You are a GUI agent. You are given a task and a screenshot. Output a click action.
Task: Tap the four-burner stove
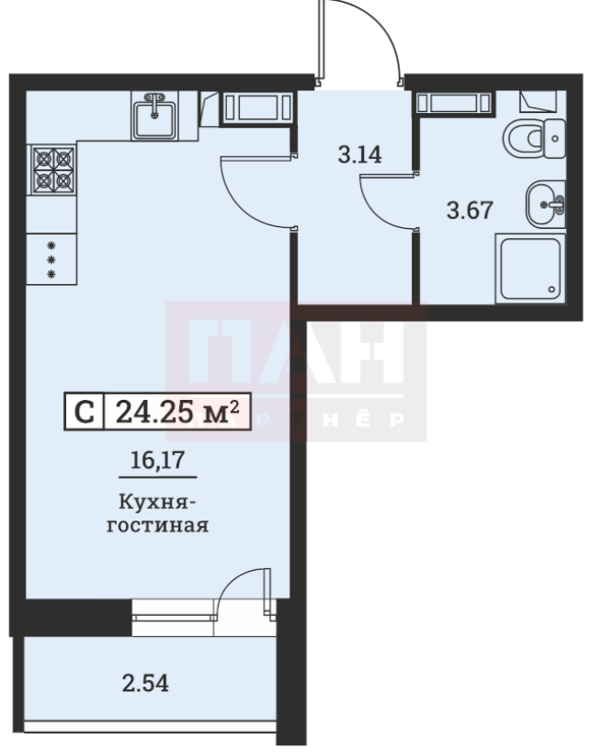point(52,170)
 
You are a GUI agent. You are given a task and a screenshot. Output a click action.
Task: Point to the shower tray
point(528,268)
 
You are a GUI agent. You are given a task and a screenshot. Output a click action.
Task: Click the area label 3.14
point(359,154)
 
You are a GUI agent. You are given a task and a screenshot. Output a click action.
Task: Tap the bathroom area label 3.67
point(470,211)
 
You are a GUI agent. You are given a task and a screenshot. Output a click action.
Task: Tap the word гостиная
point(157,527)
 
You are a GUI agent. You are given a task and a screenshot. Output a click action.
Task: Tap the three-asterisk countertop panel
point(52,260)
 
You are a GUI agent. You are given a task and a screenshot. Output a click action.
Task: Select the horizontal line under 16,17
point(156,477)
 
